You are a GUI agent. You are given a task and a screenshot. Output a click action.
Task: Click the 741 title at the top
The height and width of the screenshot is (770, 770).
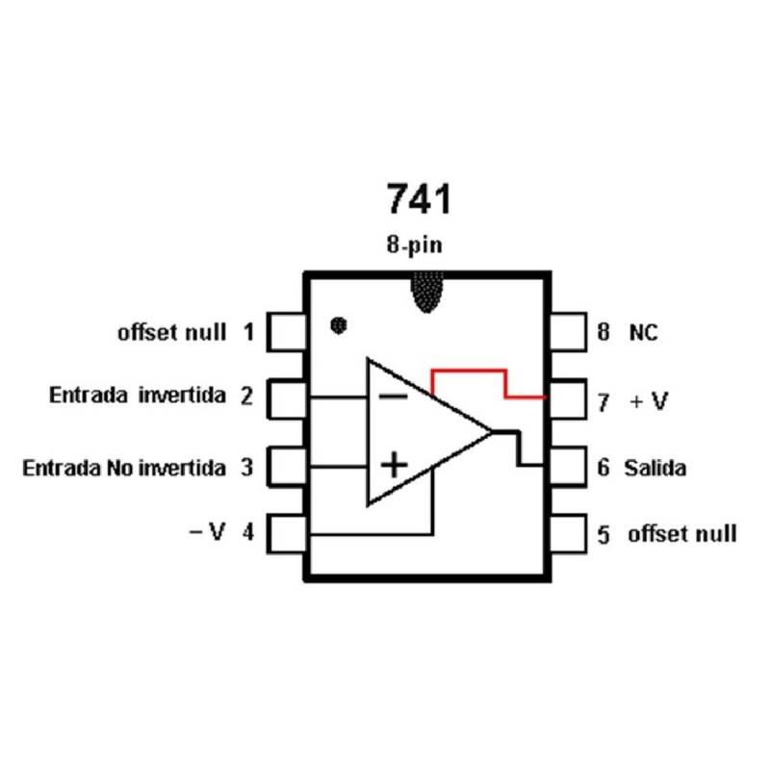[418, 199]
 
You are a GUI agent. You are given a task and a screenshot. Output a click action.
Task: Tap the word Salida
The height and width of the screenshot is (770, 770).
[654, 469]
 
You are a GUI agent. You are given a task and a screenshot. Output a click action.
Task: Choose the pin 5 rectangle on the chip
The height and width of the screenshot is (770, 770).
[568, 531]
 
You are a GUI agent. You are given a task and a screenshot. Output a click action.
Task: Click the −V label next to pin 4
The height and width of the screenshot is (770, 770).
[206, 531]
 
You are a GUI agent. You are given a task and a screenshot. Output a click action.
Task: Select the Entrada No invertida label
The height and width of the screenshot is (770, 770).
[124, 469]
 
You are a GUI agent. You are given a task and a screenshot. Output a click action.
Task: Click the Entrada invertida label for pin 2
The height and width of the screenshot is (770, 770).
[138, 396]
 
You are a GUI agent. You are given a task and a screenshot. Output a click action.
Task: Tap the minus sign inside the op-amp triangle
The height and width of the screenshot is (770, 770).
[391, 396]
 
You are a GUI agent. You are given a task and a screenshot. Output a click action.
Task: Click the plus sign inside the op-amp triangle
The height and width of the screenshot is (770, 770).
[394, 466]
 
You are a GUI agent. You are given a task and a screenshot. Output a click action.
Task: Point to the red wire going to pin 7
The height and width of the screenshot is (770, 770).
[469, 371]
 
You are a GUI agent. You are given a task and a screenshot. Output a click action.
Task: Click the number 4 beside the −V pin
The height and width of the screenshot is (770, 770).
[247, 531]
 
